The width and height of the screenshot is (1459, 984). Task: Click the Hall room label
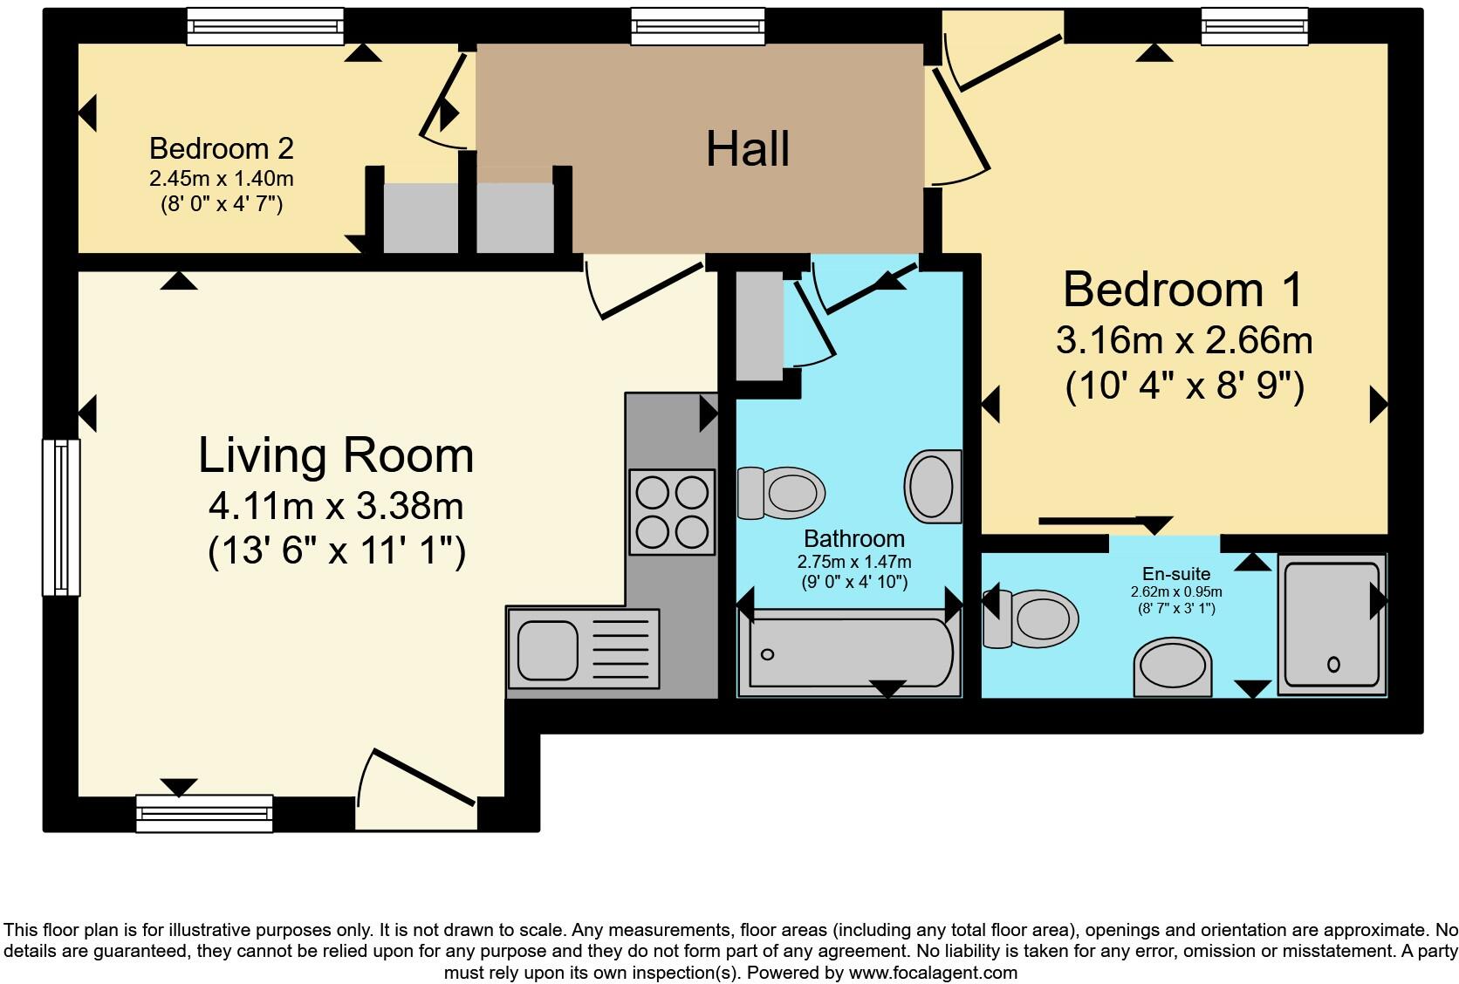[x=748, y=148]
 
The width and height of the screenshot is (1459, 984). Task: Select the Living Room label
[x=336, y=455]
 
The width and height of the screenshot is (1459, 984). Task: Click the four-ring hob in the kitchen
[x=672, y=512]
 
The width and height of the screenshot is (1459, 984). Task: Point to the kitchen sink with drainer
[x=583, y=648]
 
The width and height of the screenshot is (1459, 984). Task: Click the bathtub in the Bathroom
[x=846, y=654]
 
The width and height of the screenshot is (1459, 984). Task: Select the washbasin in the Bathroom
[x=933, y=486]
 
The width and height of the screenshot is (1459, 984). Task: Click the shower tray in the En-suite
[x=1332, y=625]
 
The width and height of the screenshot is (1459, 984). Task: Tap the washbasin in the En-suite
[x=1174, y=667]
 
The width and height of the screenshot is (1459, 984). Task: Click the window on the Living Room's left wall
[x=61, y=517]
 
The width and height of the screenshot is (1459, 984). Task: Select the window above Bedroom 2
[x=265, y=26]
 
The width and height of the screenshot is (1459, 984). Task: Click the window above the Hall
[x=697, y=26]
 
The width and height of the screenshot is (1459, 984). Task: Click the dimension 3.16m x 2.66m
[x=1184, y=340]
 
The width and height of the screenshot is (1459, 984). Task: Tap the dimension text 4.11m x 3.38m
[x=336, y=506]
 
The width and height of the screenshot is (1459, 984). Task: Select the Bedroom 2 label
[x=222, y=148]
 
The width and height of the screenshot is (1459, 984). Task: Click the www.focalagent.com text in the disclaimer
[x=932, y=972]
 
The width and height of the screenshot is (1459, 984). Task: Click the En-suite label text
[x=1176, y=573]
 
